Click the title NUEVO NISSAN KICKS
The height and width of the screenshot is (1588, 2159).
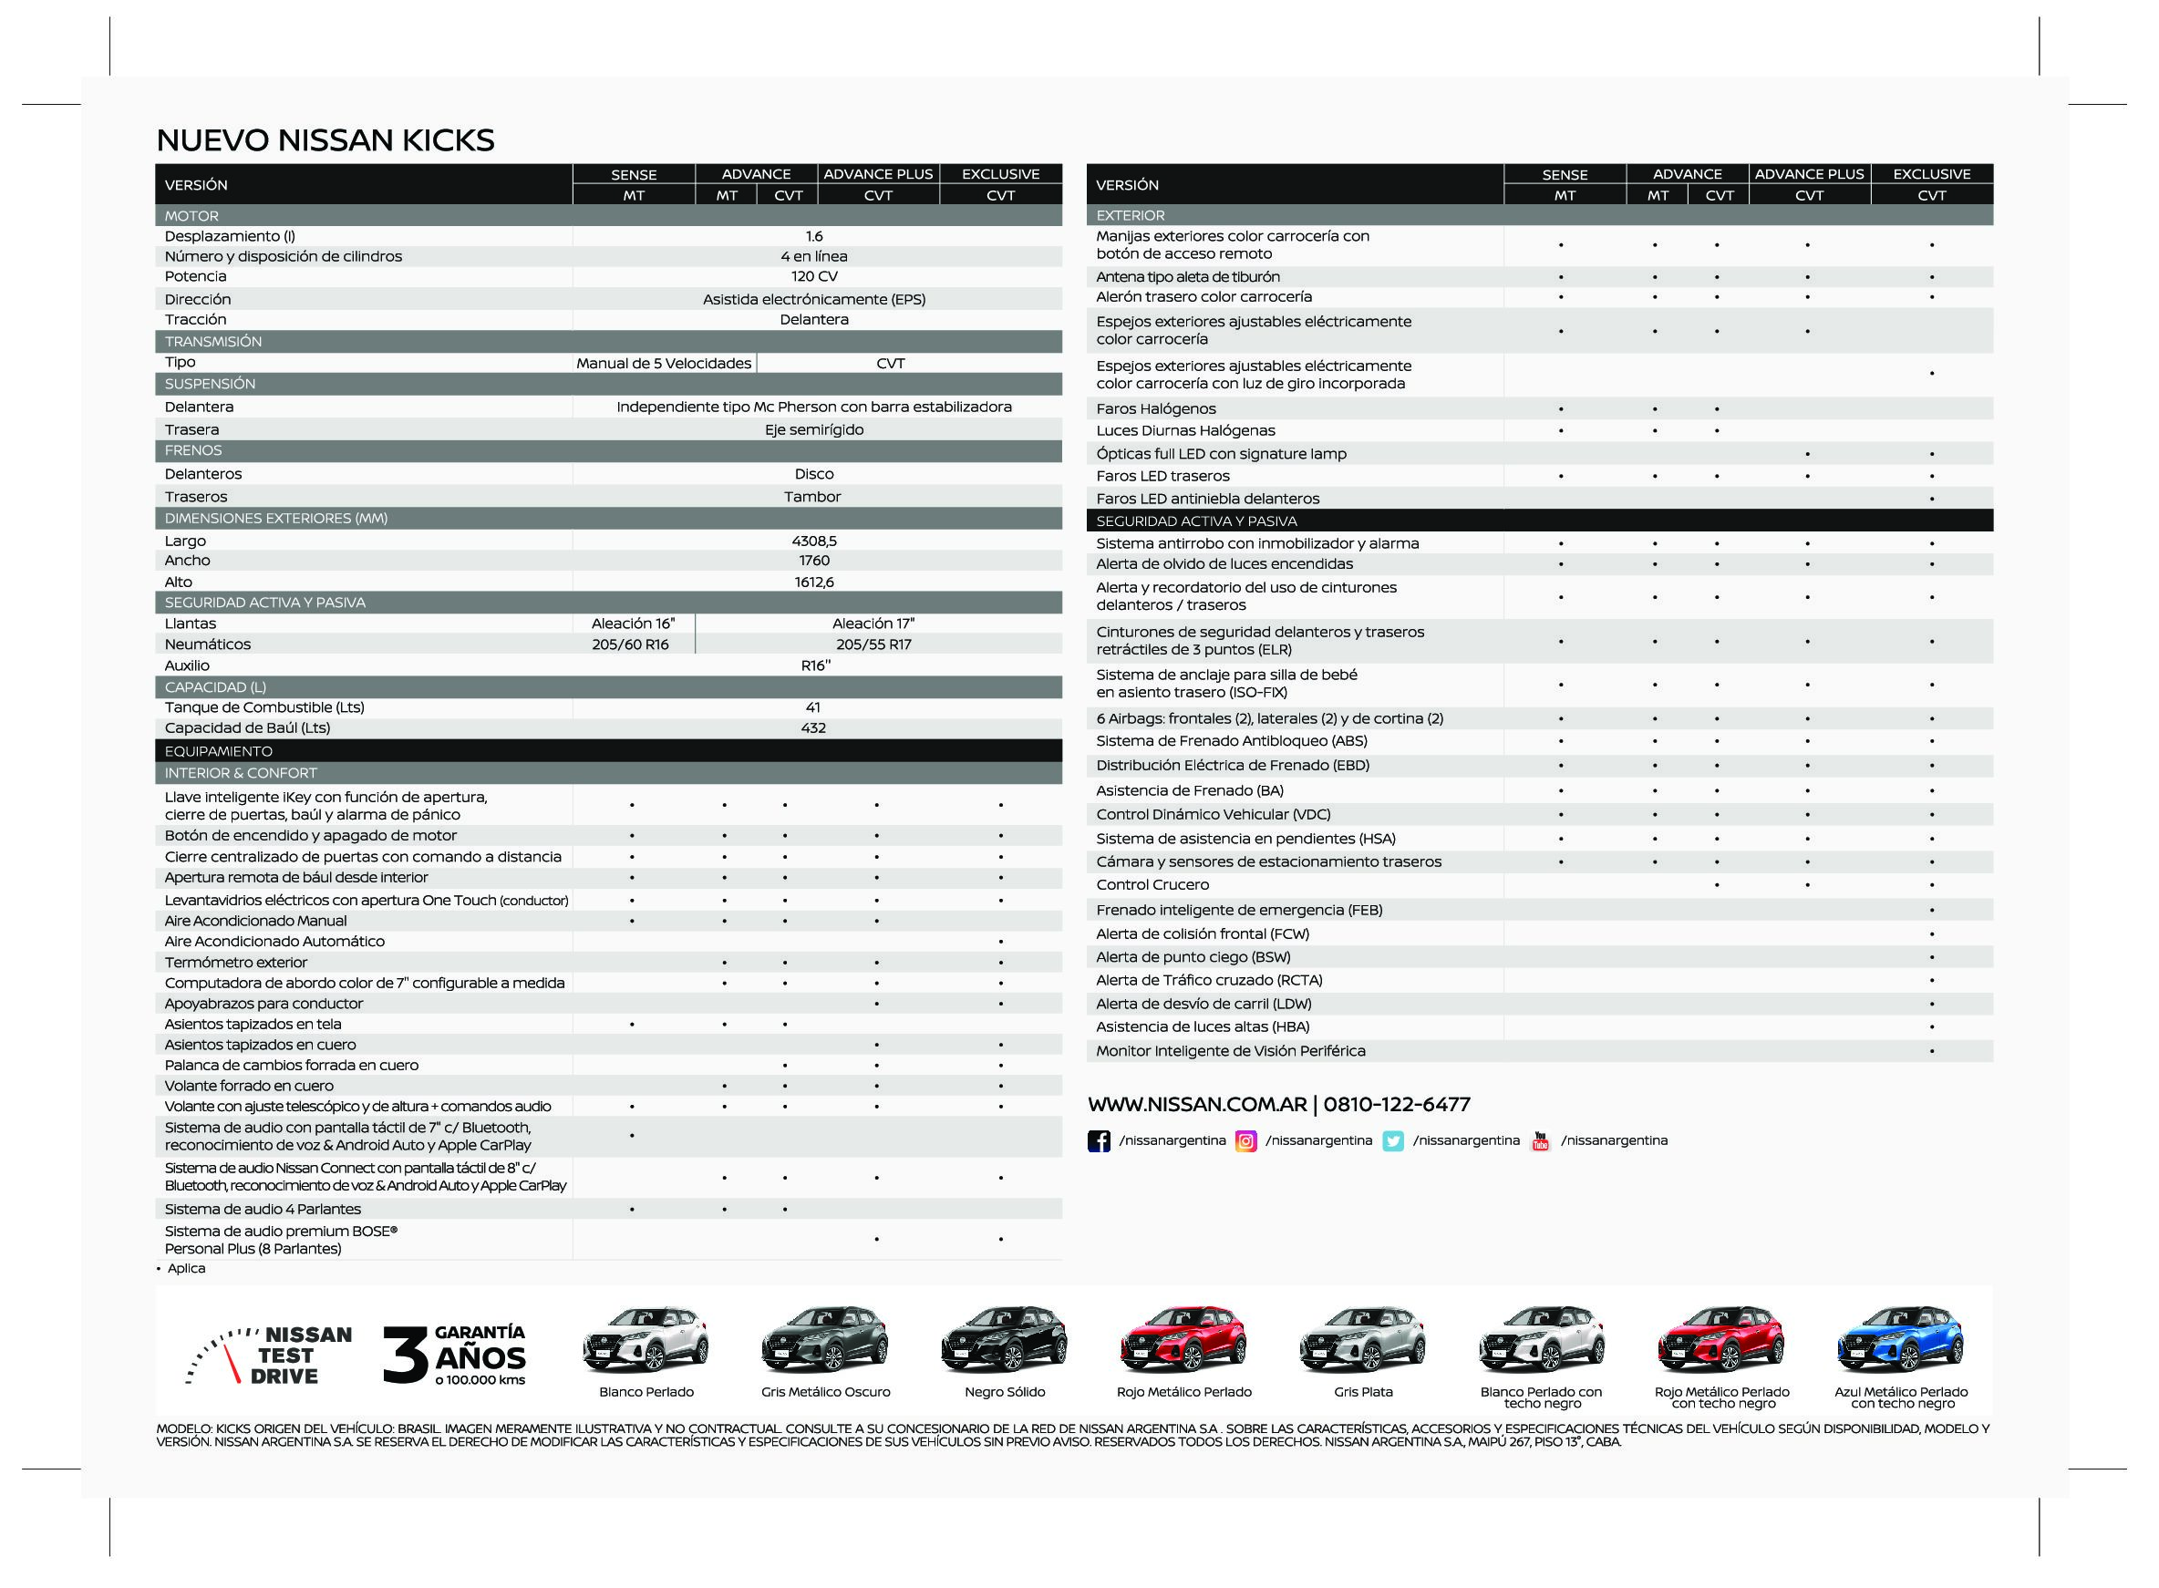tap(325, 140)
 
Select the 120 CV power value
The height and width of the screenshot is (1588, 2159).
tap(813, 277)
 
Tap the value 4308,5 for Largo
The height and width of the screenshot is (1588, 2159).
tap(813, 541)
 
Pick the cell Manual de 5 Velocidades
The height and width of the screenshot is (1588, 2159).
tap(663, 364)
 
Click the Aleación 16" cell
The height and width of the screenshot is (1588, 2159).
tap(633, 624)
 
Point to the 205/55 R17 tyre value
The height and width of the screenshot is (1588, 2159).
tap(873, 645)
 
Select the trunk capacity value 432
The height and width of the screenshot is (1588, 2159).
tap(813, 728)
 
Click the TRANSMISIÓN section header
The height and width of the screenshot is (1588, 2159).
tap(213, 342)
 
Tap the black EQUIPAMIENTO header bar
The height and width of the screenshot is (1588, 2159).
tap(607, 752)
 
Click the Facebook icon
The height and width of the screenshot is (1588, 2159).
tap(1098, 1141)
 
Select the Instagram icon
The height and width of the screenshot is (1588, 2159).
tap(1245, 1141)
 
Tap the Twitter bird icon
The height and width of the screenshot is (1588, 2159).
tap(1392, 1141)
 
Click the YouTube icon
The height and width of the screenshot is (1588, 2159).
tap(1540, 1141)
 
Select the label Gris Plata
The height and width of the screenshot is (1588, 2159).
tap(1362, 1392)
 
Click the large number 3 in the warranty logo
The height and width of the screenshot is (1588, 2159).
tap(405, 1356)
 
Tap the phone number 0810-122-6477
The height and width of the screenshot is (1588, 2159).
tap(1396, 1105)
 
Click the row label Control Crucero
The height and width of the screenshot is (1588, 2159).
tap(1152, 885)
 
